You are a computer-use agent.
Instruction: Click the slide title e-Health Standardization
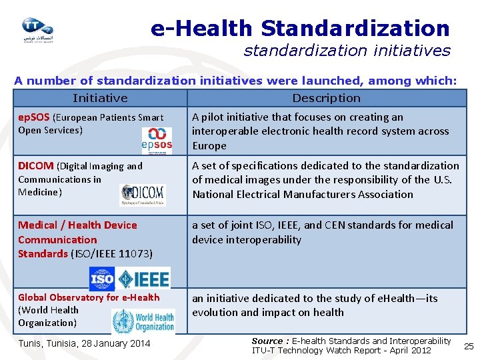click(300, 29)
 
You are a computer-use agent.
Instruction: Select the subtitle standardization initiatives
click(347, 51)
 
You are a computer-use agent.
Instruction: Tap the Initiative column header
click(100, 98)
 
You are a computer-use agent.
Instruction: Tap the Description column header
click(326, 98)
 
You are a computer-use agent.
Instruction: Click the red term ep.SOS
click(33, 117)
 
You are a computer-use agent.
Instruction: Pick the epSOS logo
click(157, 138)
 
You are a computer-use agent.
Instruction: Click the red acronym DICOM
click(36, 166)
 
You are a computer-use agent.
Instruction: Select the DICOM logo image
click(143, 195)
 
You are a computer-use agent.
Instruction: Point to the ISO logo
click(102, 278)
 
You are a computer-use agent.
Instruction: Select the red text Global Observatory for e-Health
click(89, 297)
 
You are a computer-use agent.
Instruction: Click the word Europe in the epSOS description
click(209, 146)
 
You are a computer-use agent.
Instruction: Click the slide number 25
click(469, 346)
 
